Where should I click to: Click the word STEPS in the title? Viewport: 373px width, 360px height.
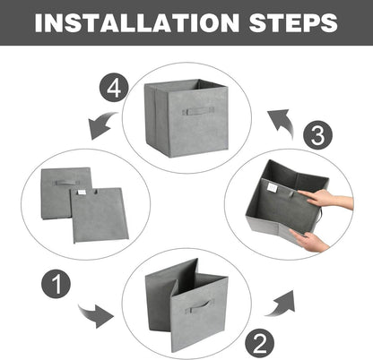290,21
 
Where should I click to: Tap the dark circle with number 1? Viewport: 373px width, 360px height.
56,287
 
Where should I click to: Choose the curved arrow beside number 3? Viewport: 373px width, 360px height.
281,119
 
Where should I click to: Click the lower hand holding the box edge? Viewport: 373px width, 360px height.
309,239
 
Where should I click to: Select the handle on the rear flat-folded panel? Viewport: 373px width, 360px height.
65,182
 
